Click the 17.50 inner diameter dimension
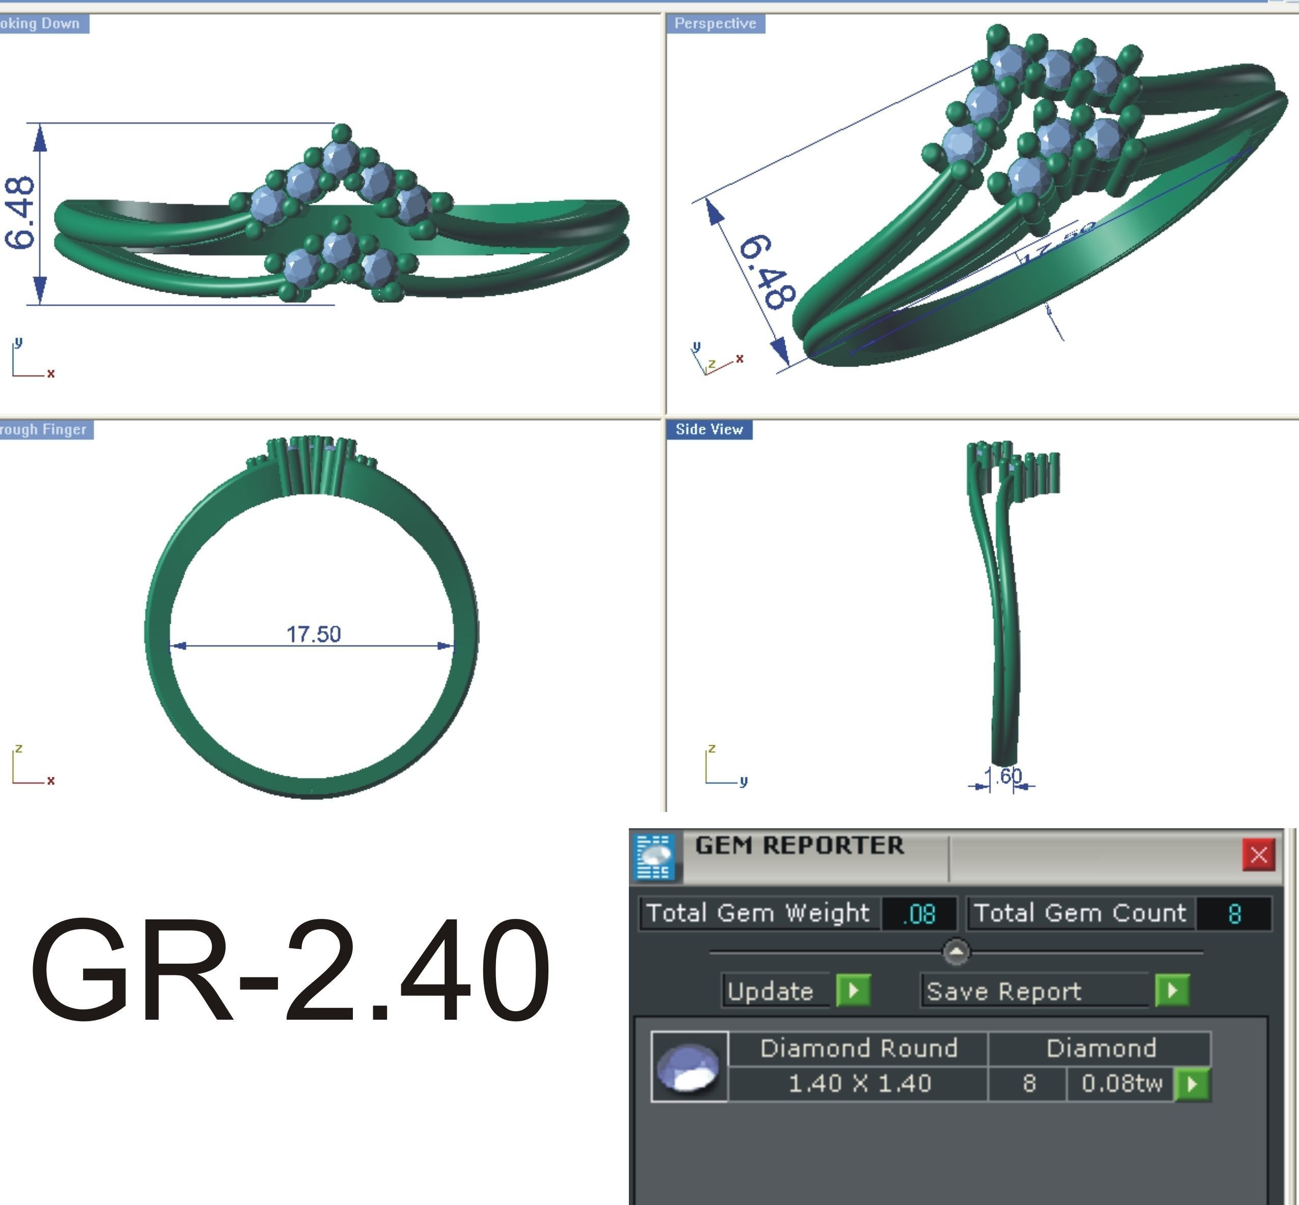tap(314, 634)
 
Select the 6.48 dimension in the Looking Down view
tap(19, 213)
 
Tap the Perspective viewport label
tap(715, 23)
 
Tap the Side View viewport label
tap(709, 429)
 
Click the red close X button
tap(1258, 854)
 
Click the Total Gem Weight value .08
tap(919, 913)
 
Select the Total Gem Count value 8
tap(1234, 913)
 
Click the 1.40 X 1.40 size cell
tap(859, 1083)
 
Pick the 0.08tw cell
tap(1121, 1083)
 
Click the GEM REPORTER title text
tap(799, 846)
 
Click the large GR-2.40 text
tap(290, 970)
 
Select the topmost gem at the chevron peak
tap(340, 156)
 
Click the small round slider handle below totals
tap(956, 952)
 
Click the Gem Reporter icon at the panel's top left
tap(655, 856)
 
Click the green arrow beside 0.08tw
tap(1192, 1084)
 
